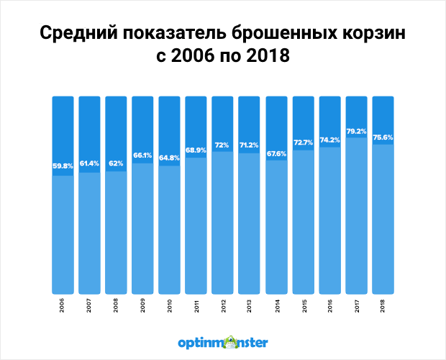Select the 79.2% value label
tap(355, 131)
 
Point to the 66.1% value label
tap(142, 156)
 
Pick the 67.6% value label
tap(276, 153)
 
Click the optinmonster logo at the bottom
tap(223, 341)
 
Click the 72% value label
tap(222, 145)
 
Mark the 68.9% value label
tap(196, 150)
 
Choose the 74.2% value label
tap(329, 140)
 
